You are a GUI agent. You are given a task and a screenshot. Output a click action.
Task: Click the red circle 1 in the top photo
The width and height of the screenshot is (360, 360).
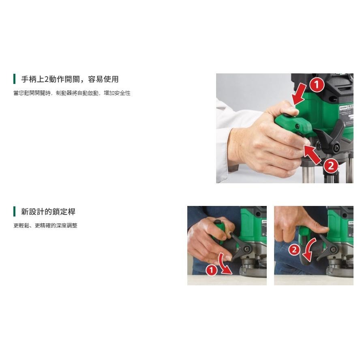tap(317, 85)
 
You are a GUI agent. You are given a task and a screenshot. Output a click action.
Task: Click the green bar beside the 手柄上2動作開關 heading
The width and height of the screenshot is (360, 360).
tap(14, 79)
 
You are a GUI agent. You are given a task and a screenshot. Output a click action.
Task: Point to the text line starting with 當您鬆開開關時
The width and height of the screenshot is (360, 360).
tap(72, 93)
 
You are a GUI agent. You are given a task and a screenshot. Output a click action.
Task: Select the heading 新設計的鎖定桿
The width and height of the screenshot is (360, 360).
tap(48, 211)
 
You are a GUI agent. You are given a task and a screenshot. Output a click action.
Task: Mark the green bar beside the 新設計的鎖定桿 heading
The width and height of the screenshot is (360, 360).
tap(14, 211)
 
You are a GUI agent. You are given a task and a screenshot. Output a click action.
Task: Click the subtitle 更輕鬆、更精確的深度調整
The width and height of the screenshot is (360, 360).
tap(45, 225)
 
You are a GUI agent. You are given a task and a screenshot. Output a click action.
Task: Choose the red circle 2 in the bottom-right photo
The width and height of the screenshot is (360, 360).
tap(294, 249)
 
